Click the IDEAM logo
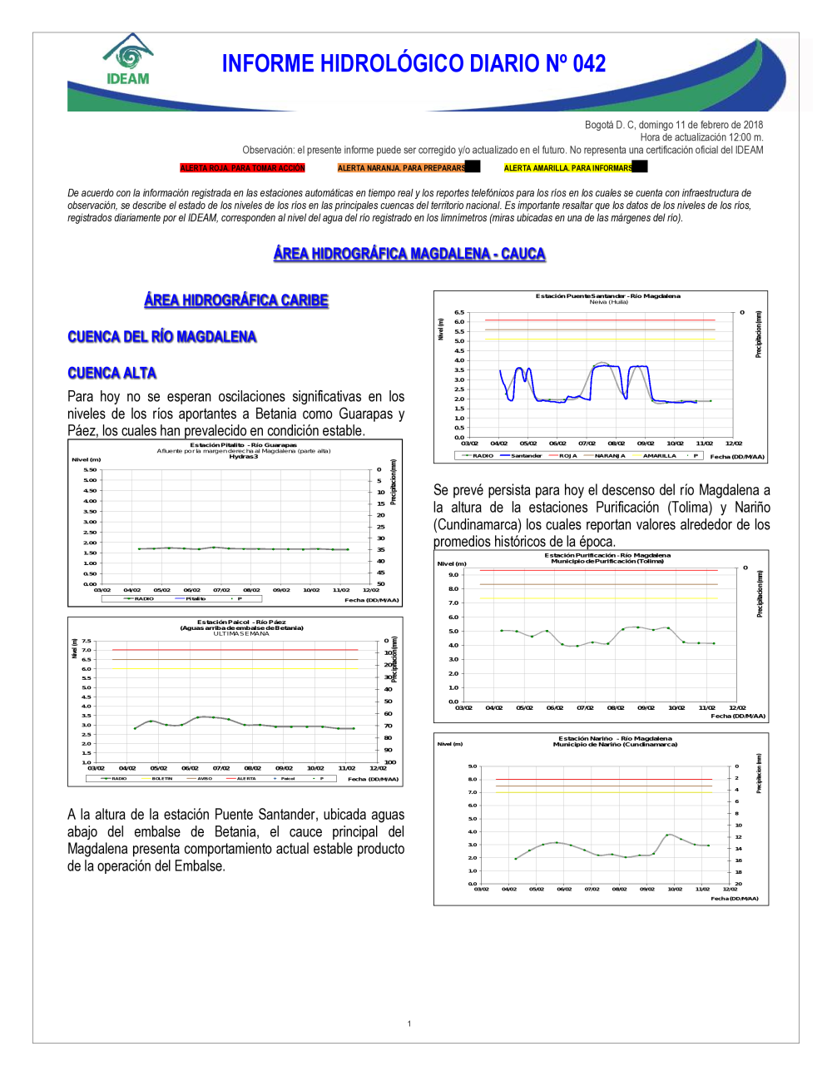128,60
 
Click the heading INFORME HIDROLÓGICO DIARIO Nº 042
414,64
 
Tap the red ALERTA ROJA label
242,168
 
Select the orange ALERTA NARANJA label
401,168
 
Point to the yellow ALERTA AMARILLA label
568,168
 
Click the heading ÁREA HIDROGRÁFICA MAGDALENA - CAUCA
409,254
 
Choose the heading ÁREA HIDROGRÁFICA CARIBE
236,300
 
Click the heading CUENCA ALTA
111,373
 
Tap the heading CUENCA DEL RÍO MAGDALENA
161,337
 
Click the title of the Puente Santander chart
607,296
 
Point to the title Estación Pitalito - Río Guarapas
243,445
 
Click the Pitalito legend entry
196,599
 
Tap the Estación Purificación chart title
607,555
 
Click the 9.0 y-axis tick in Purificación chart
453,575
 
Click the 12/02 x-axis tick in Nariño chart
730,890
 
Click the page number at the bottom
409,1024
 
